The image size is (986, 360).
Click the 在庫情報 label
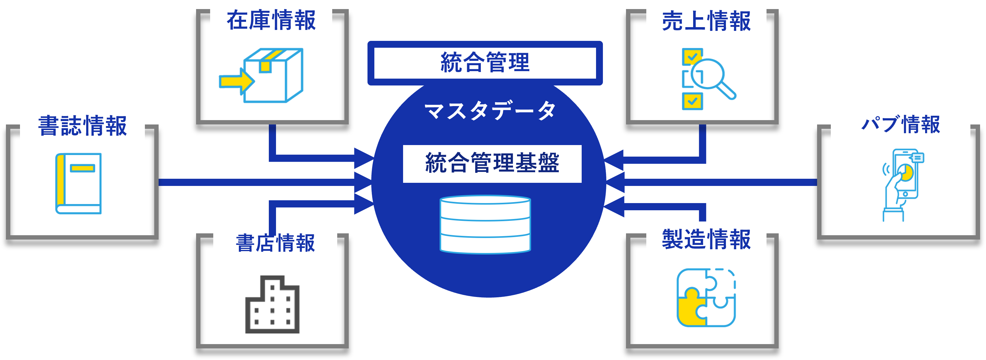coord(271,21)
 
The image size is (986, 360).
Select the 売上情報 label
coord(706,22)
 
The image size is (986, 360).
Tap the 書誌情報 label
coord(82,126)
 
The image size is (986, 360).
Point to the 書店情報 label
coord(275,244)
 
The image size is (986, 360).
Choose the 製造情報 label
coord(706,240)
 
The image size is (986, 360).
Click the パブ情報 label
coord(900,125)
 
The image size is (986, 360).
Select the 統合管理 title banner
coord(485,63)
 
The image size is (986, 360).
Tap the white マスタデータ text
coord(490,111)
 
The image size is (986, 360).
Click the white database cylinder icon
coord(485,225)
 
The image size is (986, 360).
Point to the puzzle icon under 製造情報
coord(706,298)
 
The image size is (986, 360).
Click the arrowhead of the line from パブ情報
coord(615,182)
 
